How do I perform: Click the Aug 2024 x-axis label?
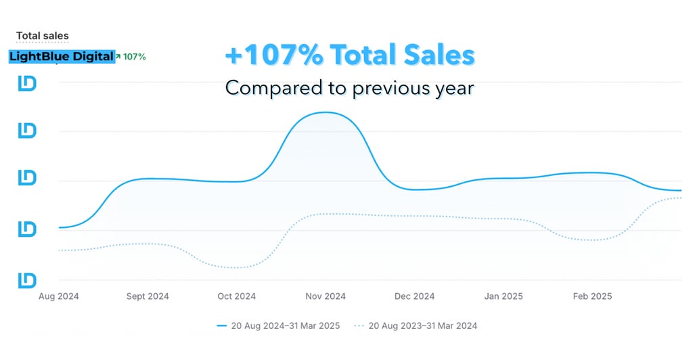coord(58,296)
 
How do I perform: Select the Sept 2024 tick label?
coord(148,296)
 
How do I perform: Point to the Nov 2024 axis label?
coord(325,296)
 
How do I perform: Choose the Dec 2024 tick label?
coord(414,296)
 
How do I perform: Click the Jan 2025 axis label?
coord(504,296)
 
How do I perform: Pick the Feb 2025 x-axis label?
coord(592,296)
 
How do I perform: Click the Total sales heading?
coord(42,36)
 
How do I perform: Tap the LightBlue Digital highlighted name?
coord(61,57)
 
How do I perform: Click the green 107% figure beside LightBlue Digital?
coord(134,57)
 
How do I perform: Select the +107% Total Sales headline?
coord(349,56)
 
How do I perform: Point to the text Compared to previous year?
coord(349,88)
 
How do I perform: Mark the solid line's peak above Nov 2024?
coord(326,112)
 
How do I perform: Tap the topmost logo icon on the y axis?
coord(27,83)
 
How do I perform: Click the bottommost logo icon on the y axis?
coord(27,279)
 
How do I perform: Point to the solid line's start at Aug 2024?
coord(60,227)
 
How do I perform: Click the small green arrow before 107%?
coord(118,57)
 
